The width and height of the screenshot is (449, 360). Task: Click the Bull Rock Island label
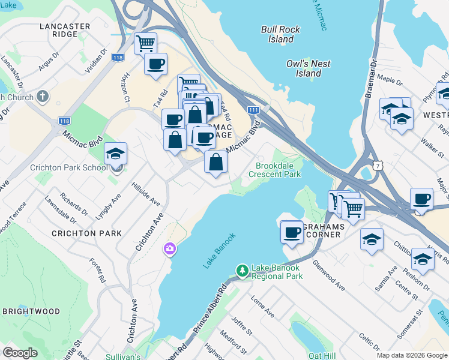(277, 34)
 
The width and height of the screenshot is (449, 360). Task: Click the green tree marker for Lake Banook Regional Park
(242, 271)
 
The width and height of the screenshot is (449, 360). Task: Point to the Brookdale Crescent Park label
(278, 170)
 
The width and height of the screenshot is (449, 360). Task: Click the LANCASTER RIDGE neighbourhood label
(65, 30)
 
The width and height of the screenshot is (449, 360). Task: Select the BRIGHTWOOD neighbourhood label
(31, 312)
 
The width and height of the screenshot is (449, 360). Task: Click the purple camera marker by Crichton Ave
(170, 248)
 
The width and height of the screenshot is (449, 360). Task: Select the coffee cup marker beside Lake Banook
(292, 232)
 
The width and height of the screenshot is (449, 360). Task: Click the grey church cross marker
(42, 96)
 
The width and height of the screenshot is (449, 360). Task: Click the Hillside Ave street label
(146, 194)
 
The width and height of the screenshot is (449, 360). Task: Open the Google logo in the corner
(20, 353)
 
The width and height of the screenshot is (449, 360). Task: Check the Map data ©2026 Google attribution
(411, 355)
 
